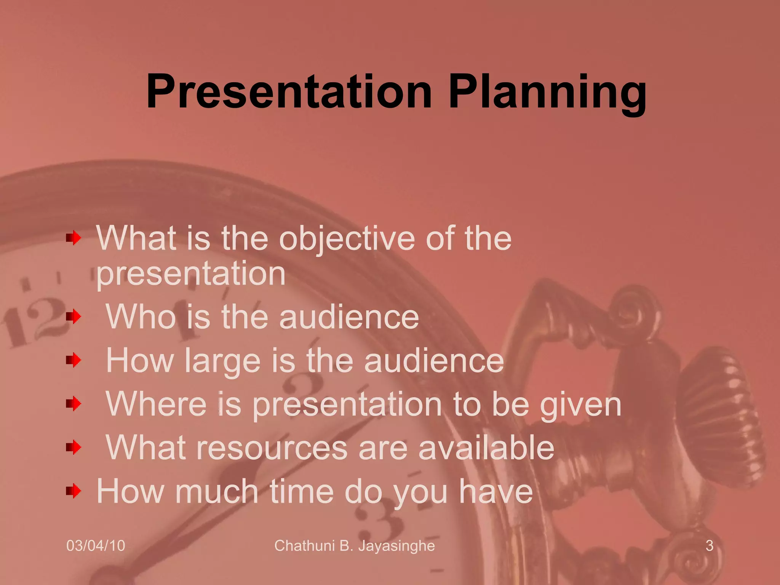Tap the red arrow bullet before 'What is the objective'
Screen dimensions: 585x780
point(74,239)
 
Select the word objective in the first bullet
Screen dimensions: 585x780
point(347,239)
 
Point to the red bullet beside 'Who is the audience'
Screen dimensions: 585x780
point(74,316)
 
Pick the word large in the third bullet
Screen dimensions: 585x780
point(222,361)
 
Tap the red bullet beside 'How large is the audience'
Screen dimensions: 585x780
point(74,360)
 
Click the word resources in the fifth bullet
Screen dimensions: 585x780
point(272,448)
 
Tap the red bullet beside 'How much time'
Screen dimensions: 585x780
point(74,491)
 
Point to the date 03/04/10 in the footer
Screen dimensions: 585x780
point(96,546)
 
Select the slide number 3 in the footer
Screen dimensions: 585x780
point(709,546)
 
